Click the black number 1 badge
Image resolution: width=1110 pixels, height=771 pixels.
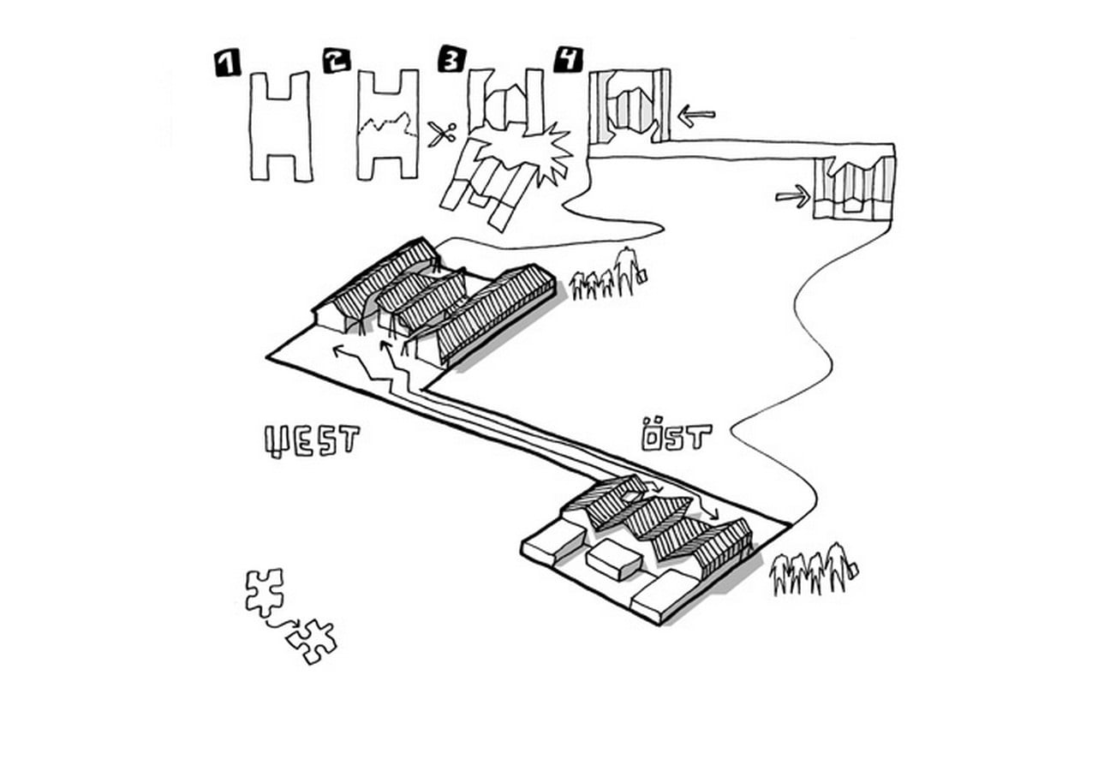(227, 64)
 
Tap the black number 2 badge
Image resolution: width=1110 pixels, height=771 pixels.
(337, 61)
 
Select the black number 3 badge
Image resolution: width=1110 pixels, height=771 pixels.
(452, 59)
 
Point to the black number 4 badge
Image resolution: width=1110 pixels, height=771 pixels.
(569, 59)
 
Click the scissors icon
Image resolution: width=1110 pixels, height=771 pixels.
(442, 134)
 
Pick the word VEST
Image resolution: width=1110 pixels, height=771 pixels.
(312, 440)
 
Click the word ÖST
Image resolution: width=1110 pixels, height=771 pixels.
(677, 435)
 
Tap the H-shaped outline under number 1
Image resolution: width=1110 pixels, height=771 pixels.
(281, 126)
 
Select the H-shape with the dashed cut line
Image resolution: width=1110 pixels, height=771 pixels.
(388, 124)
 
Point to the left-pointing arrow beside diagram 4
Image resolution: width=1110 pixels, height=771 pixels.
(696, 116)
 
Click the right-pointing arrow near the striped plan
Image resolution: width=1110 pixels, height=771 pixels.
(793, 196)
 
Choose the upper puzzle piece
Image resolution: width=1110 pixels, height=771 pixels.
(266, 592)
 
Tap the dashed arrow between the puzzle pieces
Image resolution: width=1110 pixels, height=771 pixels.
(283, 624)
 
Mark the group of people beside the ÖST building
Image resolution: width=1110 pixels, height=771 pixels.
(814, 569)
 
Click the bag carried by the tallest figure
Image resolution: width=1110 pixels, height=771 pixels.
(642, 276)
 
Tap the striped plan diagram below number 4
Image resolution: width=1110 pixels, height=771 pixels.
(630, 106)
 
